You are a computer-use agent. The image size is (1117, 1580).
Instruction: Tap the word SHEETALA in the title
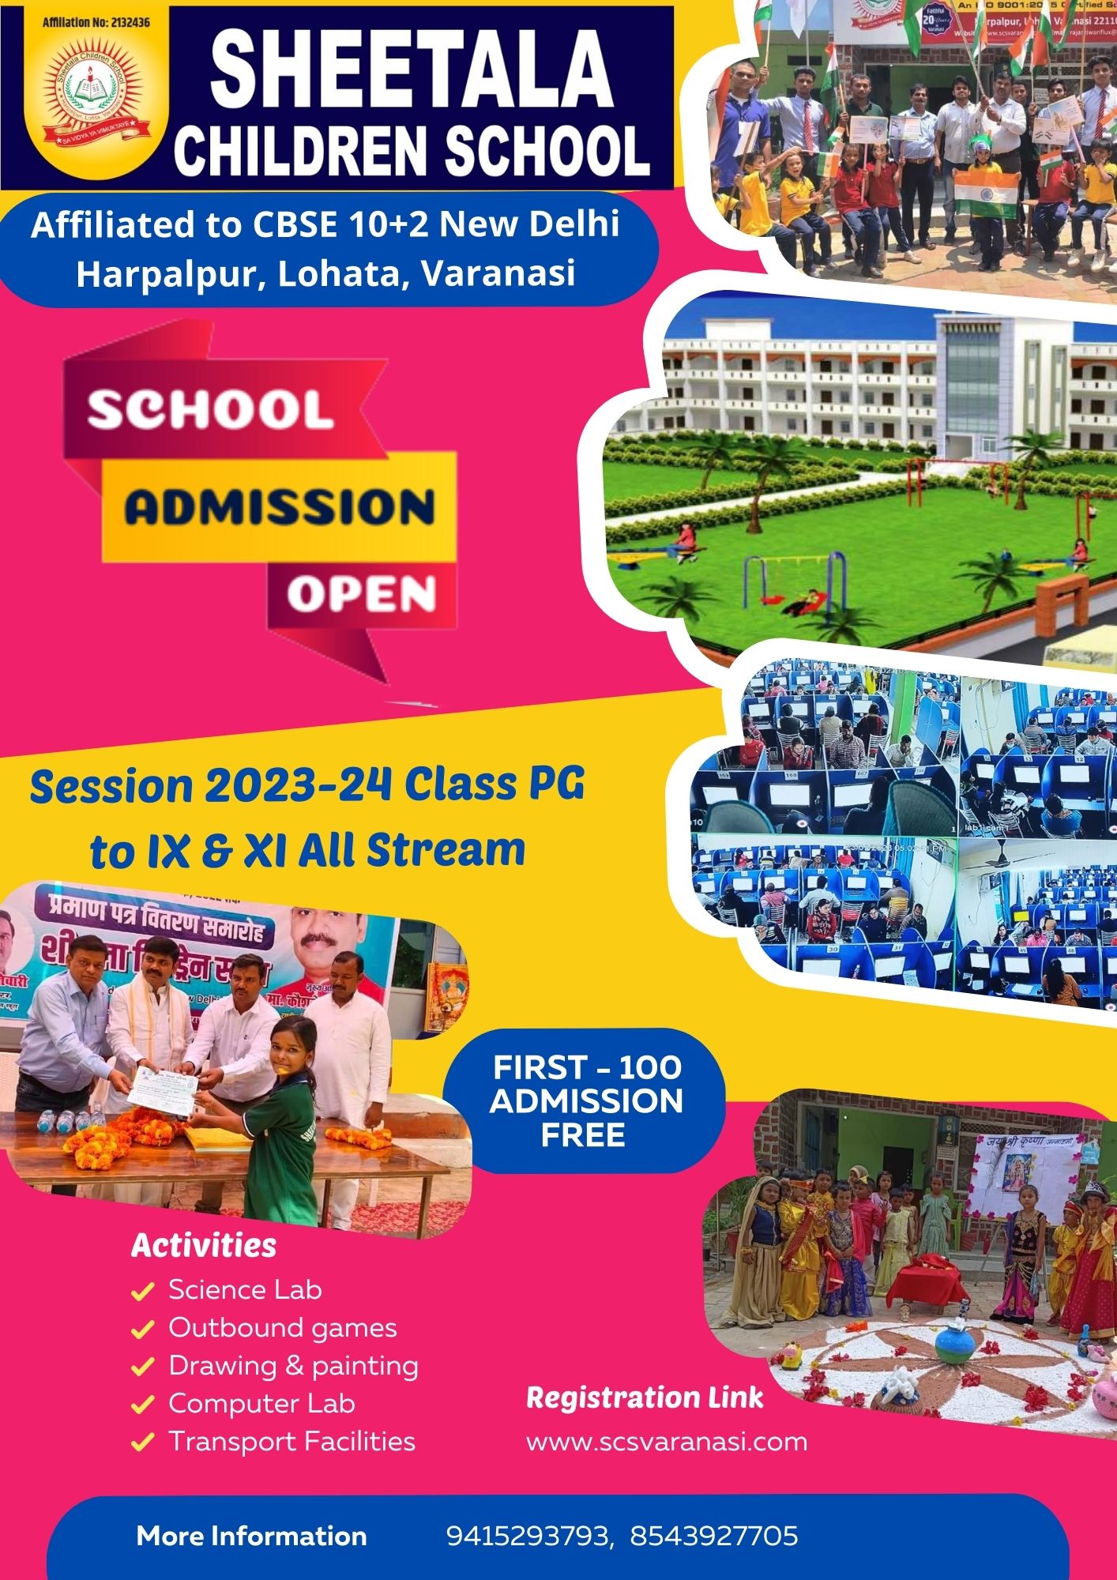(x=412, y=70)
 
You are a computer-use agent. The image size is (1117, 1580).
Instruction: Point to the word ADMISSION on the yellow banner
(x=280, y=507)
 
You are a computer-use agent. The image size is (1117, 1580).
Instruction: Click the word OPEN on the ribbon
(x=361, y=594)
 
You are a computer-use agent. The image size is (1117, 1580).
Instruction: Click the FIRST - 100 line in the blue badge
(x=587, y=1067)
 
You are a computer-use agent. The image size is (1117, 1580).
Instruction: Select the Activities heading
(x=204, y=1246)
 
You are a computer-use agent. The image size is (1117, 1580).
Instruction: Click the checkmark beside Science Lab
(x=142, y=1292)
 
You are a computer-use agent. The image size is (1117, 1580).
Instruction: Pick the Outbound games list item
(x=282, y=1328)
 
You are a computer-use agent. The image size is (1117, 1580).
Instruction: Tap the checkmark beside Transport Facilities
(x=142, y=1443)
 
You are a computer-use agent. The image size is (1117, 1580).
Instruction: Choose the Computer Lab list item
(x=261, y=1404)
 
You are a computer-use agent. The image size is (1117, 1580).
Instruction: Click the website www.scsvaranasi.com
(x=667, y=1442)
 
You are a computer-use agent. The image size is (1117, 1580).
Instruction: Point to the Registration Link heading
(x=645, y=1398)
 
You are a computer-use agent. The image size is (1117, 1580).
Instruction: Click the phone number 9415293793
(x=528, y=1536)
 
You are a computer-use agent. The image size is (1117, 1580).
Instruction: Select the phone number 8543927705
(x=714, y=1536)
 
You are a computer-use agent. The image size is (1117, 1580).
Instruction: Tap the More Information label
(x=251, y=1536)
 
